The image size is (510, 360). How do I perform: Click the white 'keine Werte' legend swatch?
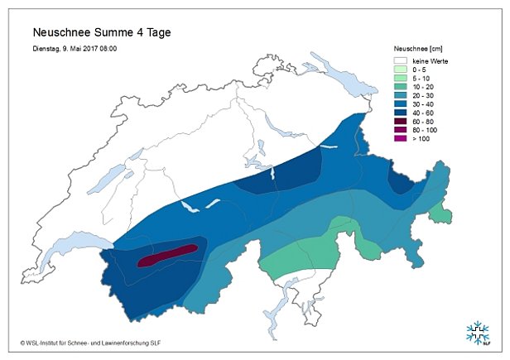(400, 61)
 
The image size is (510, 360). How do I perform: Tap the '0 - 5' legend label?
(421, 70)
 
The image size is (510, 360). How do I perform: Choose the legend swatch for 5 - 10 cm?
(400, 79)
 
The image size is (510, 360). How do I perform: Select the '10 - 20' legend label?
(423, 89)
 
